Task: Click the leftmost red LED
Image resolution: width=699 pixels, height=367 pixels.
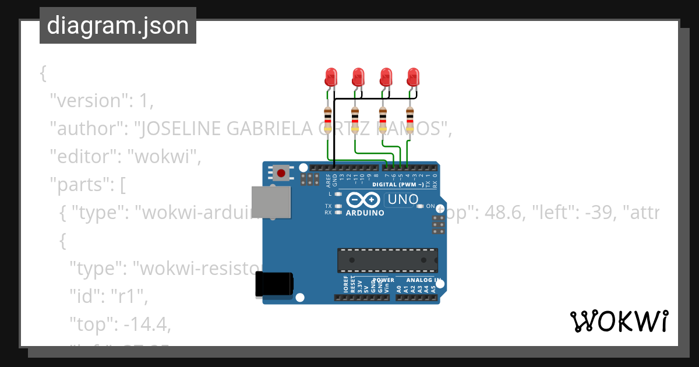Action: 331,76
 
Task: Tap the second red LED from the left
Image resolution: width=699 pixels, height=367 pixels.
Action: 358,76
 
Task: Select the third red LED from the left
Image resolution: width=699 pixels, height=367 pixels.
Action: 386,76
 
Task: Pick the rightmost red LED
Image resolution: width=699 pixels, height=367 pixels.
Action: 413,76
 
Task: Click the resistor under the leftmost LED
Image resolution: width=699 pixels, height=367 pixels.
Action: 328,120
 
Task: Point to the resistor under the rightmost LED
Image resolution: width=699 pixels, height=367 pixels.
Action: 410,120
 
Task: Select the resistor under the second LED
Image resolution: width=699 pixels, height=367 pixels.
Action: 355,120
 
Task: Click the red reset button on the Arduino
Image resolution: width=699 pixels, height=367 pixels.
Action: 282,172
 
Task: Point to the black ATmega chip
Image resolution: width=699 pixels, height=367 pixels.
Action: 387,260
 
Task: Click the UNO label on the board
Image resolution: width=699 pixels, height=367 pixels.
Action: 403,199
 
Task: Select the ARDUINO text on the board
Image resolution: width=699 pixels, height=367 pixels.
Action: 365,213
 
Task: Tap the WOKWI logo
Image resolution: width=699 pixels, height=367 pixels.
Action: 619,322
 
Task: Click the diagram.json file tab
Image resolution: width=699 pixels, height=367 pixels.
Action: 118,26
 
